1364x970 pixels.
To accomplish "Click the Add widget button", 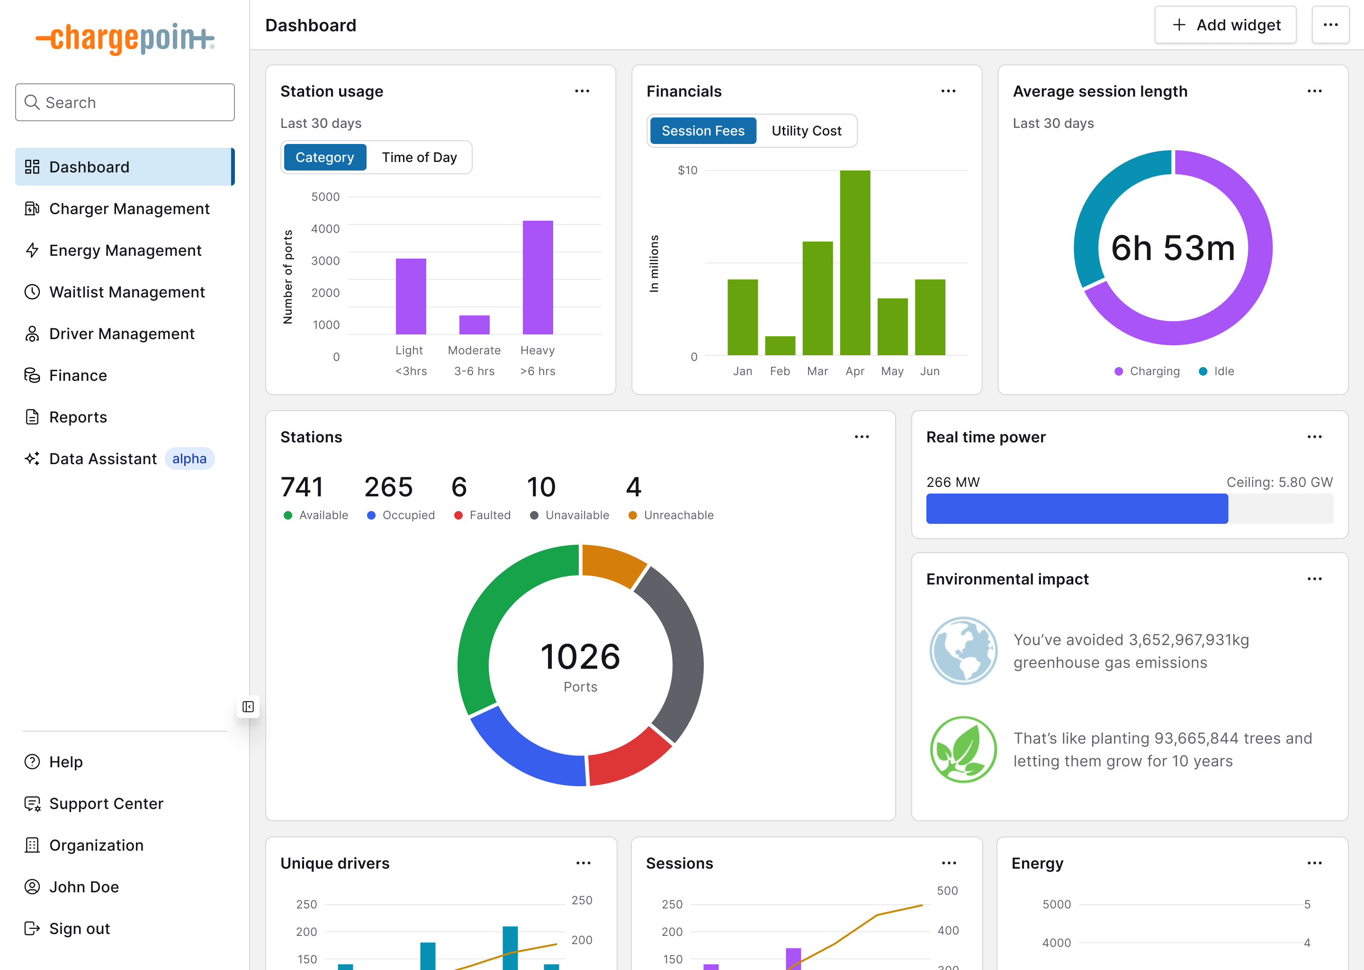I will click(x=1225, y=25).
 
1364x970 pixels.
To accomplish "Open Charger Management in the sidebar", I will click(x=129, y=209).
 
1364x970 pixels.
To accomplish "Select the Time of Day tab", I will click(x=419, y=158).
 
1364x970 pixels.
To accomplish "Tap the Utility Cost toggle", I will click(x=806, y=131).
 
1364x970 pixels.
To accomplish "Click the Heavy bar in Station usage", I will click(x=538, y=278).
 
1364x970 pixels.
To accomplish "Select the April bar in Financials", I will click(x=854, y=263).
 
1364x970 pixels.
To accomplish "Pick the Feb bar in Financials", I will click(x=780, y=346).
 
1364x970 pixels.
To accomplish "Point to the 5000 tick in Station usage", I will click(x=325, y=197).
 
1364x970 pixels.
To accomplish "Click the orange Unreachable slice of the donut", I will click(x=612, y=565).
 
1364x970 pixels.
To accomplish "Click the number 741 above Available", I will click(x=302, y=487).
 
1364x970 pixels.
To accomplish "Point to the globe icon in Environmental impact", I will click(x=963, y=650).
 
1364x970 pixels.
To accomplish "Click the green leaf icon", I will click(x=963, y=750).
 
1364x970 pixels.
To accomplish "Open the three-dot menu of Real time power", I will click(x=1314, y=437).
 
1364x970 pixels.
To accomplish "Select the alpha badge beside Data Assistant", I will click(x=189, y=459).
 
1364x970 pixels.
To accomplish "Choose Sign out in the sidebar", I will click(x=80, y=929).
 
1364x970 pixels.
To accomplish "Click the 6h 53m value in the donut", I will click(x=1172, y=248).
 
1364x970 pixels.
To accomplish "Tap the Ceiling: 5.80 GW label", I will click(x=1279, y=483).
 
